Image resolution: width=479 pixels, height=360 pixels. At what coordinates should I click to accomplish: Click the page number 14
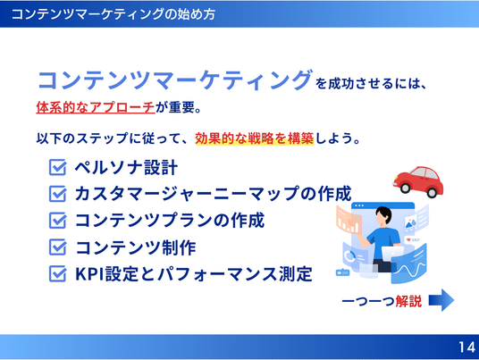coord(466,347)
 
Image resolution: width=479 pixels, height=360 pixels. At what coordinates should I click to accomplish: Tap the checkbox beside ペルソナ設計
coord(57,167)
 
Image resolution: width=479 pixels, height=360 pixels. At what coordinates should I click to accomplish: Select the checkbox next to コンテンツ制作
coord(57,247)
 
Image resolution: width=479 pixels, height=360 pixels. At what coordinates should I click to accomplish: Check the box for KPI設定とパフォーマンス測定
coord(57,273)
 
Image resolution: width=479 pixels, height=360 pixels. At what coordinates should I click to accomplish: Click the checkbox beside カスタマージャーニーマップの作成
coord(57,194)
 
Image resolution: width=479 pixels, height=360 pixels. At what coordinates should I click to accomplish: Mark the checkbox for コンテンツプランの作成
coord(57,221)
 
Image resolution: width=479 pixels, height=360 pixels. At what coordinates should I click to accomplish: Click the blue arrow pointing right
coord(441,300)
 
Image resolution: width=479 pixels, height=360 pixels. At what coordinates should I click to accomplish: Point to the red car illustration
coord(418,181)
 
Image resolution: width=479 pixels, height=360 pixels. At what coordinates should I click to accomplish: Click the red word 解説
coord(408,301)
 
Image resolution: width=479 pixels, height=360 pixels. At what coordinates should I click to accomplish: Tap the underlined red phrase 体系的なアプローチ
coord(96,107)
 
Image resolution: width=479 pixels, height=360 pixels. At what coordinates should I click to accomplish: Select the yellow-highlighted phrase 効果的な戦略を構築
coord(255,138)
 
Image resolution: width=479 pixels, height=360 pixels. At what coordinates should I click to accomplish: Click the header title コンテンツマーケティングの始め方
coord(113,14)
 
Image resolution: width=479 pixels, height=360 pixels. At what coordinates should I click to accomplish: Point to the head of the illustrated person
coord(383,214)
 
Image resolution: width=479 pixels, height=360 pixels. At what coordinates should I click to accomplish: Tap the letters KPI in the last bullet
coord(89,274)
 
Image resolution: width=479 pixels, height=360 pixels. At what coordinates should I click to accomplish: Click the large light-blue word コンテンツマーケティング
coord(175,80)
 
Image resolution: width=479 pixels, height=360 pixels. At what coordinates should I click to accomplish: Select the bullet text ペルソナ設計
coord(126,168)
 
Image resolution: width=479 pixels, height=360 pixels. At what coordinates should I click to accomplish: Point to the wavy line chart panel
coord(409,265)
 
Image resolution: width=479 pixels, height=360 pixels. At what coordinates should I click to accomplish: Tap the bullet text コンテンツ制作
coord(136,247)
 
